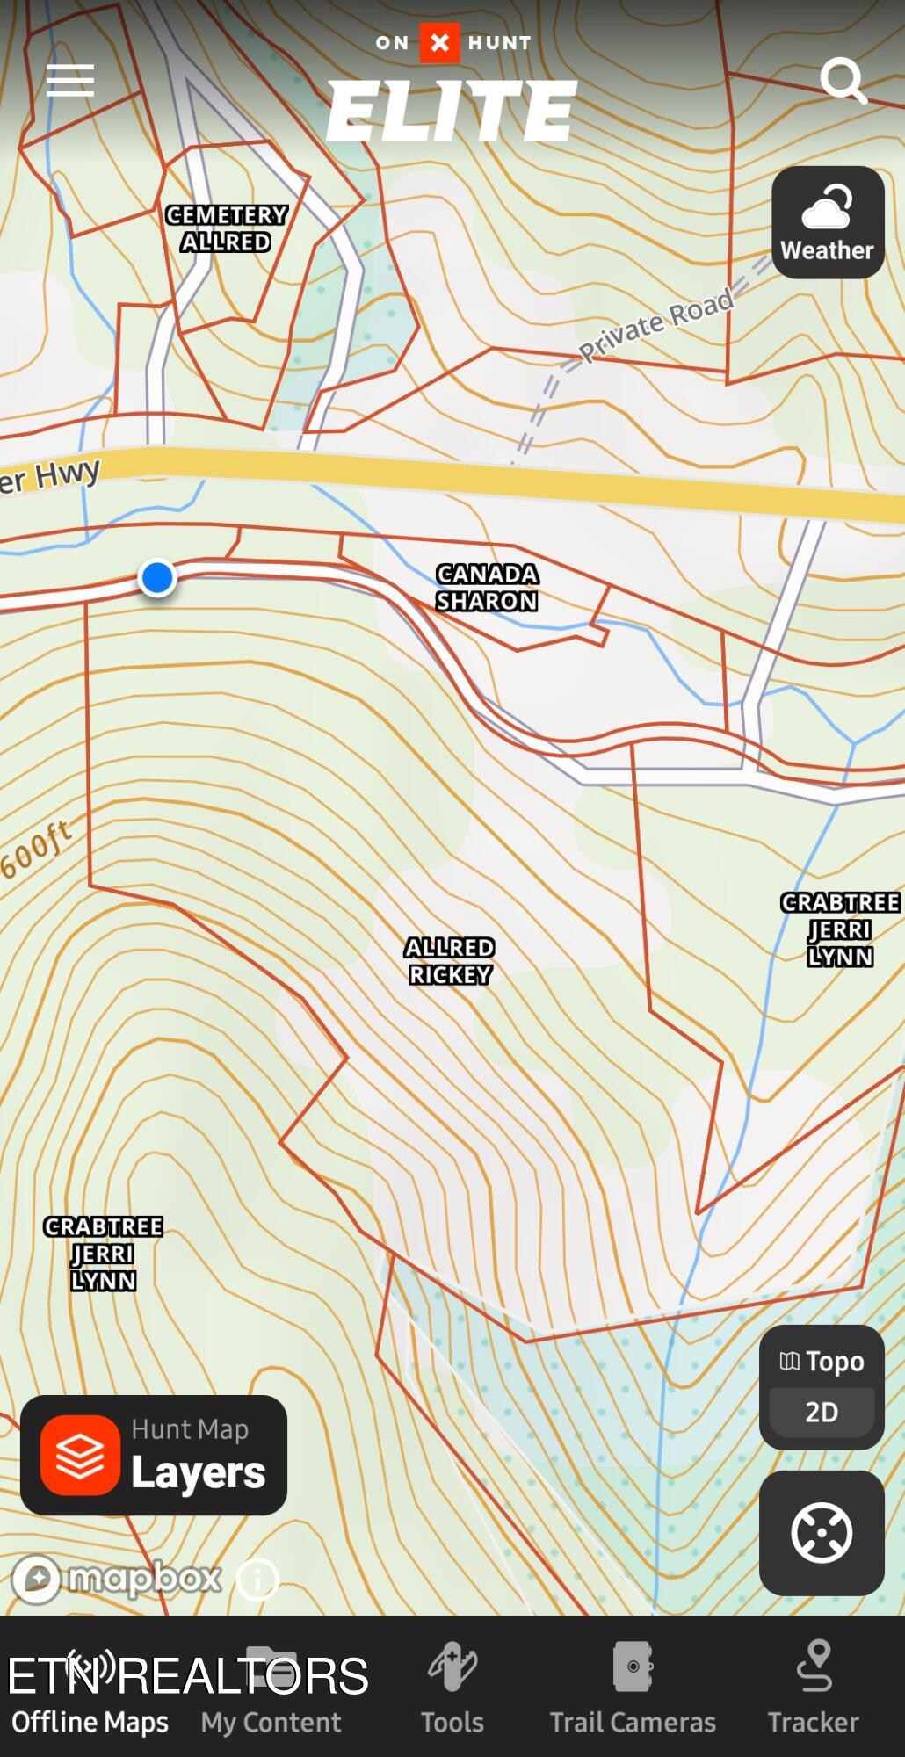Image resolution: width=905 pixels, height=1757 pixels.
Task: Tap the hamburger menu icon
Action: (70, 80)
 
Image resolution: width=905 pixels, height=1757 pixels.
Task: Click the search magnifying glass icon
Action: (843, 80)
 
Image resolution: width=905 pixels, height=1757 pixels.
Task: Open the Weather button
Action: (828, 223)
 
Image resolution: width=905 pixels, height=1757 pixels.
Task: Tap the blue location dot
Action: (157, 578)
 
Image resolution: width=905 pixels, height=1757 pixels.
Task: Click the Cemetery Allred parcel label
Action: (227, 228)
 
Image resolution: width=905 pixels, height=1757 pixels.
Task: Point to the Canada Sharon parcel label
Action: (487, 588)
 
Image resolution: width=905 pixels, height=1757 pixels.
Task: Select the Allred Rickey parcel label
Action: (450, 961)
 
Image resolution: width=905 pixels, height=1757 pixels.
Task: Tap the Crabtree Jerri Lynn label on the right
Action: (840, 929)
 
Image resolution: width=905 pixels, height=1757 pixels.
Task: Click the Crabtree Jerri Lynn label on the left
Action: (104, 1254)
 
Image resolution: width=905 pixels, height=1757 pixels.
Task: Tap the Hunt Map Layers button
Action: (154, 1456)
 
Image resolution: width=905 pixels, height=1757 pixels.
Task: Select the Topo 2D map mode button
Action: (822, 1387)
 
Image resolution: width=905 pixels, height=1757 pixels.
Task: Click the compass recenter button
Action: (822, 1533)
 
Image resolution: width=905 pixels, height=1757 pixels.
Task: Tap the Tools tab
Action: (452, 1688)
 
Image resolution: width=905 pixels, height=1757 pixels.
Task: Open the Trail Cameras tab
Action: (633, 1688)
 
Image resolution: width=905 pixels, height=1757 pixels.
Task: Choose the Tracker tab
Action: (814, 1688)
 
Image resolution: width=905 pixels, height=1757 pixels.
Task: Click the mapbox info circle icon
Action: (257, 1580)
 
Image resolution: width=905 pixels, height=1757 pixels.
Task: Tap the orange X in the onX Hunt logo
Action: (439, 42)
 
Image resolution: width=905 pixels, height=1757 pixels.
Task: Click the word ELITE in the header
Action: (452, 111)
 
